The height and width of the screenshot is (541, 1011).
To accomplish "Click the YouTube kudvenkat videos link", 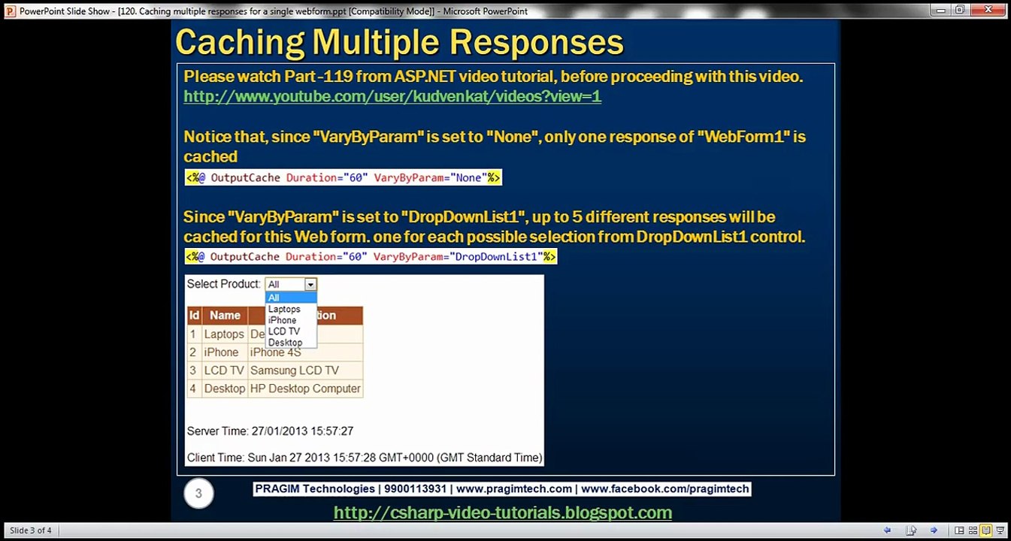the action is point(392,96).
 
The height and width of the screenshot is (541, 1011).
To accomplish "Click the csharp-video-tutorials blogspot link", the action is point(502,512).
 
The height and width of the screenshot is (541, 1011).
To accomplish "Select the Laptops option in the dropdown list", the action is point(284,309).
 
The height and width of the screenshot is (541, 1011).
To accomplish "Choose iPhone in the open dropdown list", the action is point(282,320).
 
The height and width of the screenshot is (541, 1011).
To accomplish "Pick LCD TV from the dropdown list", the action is point(284,331).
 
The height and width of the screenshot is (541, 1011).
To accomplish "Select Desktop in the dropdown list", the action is point(285,343).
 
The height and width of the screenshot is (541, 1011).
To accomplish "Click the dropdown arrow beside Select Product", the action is point(310,284).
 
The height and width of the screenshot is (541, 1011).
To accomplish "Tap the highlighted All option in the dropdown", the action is point(291,298).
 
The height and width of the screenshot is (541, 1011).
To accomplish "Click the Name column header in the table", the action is point(225,316).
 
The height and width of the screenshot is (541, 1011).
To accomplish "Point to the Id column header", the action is point(194,316).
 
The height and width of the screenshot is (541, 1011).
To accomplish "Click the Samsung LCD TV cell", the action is point(294,370).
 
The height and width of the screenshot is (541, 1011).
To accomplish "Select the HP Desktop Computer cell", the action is point(305,388).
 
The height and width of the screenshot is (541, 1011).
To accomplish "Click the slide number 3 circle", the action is point(198,493).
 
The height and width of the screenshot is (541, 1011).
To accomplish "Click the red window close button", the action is point(988,10).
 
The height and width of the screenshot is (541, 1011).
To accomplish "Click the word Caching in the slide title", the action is point(240,42).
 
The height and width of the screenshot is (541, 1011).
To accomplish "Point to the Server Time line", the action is point(270,431).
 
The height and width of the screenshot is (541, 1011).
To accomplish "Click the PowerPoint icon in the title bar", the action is point(10,11).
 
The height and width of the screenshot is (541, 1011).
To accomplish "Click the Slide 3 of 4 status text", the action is point(31,530).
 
